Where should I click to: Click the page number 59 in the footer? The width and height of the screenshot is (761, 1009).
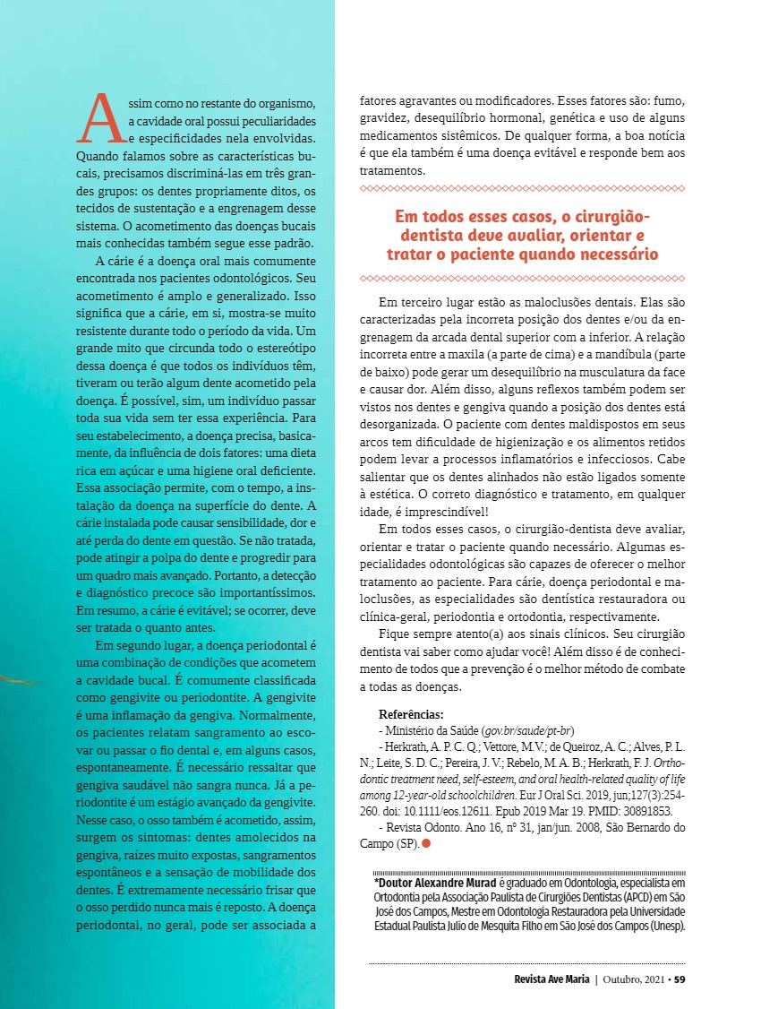(680, 979)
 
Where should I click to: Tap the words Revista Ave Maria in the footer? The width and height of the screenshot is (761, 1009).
(552, 979)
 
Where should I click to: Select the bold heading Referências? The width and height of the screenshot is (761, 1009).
(411, 714)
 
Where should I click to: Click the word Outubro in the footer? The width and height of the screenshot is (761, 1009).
(623, 979)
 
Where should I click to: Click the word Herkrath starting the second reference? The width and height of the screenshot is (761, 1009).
(408, 747)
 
